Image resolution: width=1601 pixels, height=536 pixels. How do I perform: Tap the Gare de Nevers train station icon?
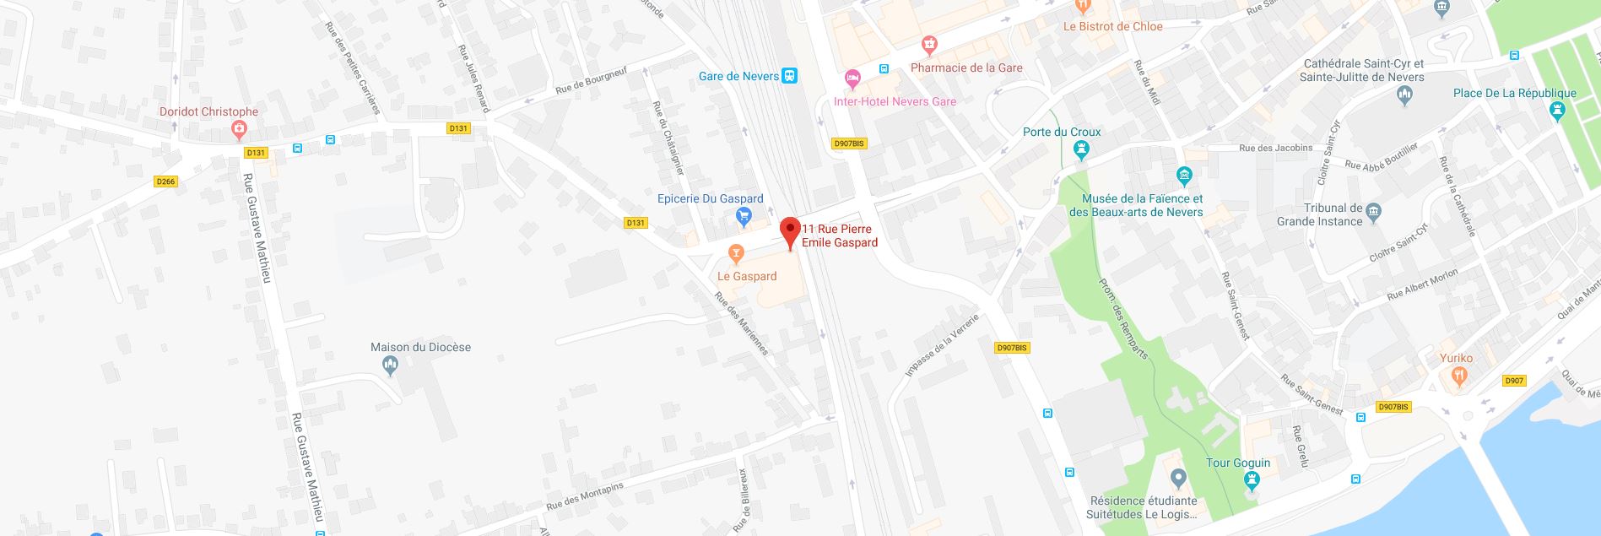789,76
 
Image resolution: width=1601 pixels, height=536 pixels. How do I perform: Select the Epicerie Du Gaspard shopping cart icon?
744,217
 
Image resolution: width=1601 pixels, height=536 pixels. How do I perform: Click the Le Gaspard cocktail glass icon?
736,253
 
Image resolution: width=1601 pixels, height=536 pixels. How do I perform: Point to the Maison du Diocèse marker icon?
390,365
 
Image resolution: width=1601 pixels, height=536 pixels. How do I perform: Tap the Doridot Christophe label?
208,111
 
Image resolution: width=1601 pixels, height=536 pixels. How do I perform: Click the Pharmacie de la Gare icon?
929,44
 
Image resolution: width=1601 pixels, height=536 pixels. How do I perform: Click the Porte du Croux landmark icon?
1082,150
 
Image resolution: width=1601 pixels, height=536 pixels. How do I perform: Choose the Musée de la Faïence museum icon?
1184,176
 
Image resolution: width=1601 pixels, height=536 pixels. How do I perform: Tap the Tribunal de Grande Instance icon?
1373,211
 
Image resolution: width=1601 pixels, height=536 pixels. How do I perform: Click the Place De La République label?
1514,93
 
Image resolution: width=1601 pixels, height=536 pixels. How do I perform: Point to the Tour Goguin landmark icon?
1252,481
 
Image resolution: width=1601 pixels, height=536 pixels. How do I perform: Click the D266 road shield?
165,181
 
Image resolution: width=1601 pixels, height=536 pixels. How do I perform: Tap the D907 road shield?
1514,381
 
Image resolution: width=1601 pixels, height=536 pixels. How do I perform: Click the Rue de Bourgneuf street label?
591,80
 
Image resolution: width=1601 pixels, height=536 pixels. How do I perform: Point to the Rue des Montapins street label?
584,495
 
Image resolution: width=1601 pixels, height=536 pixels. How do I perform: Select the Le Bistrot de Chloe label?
1112,26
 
